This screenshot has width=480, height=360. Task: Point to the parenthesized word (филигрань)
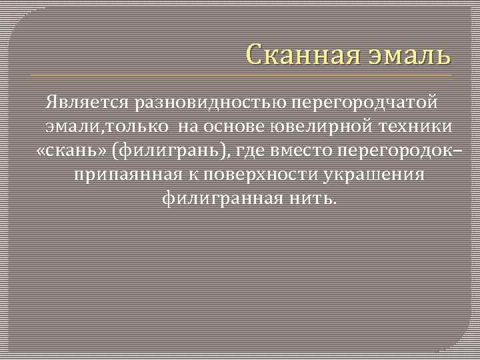click(x=172, y=151)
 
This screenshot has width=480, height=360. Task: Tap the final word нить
click(x=314, y=199)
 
